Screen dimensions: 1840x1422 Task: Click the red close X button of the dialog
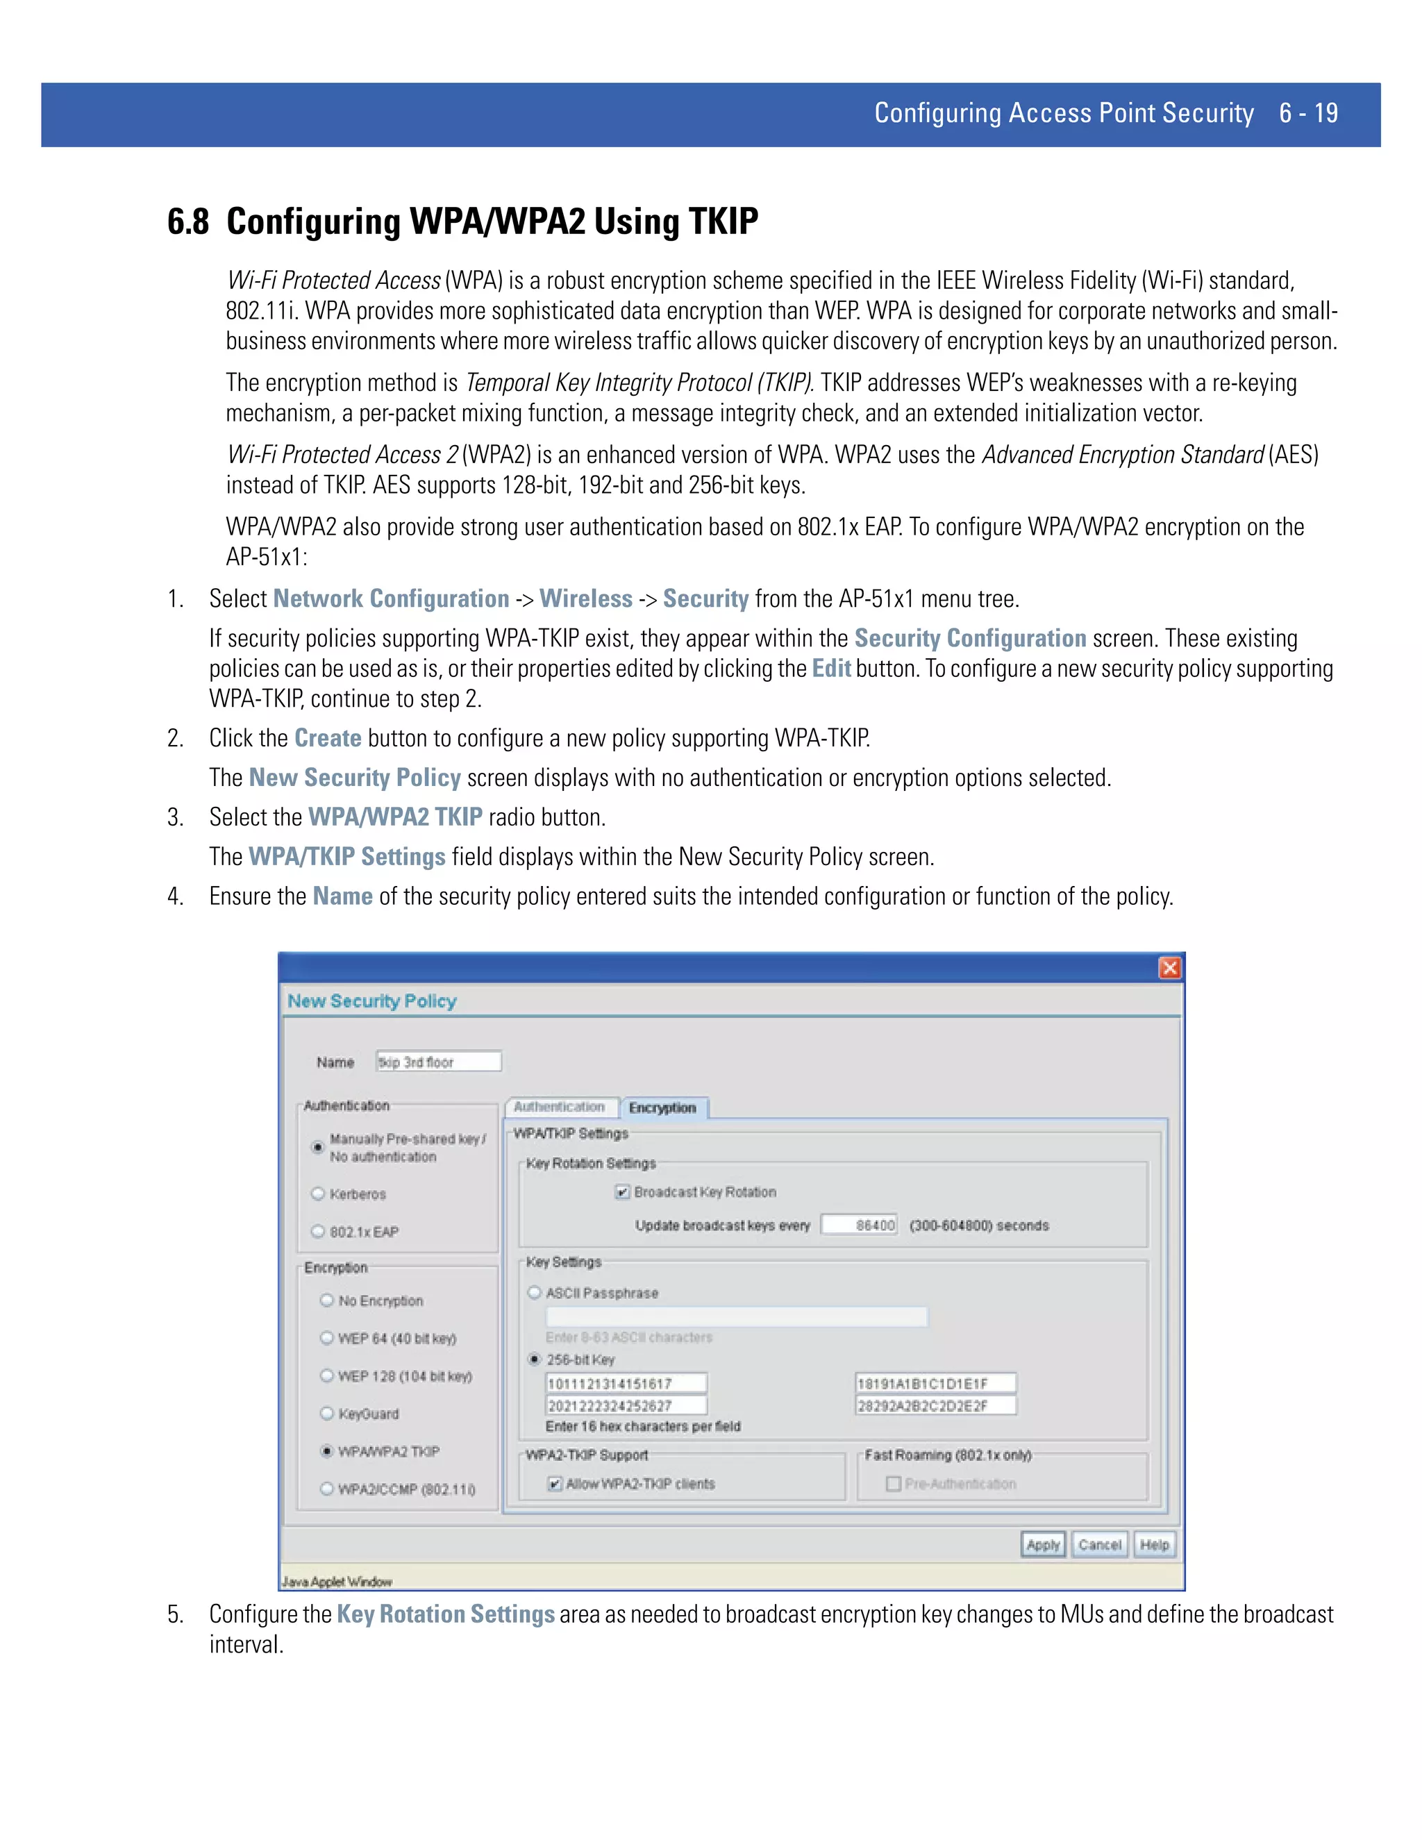tap(1169, 968)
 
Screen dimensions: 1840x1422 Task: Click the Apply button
tap(1043, 1544)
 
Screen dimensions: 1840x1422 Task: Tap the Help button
tap(1154, 1544)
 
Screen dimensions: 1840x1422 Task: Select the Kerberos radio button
tap(319, 1194)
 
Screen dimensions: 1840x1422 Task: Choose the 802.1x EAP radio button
tap(319, 1232)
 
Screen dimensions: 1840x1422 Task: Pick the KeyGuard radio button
tap(327, 1414)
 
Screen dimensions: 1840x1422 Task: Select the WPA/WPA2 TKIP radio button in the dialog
tap(327, 1450)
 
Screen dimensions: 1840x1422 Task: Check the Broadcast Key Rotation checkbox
tap(623, 1192)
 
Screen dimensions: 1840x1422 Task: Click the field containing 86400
tap(860, 1225)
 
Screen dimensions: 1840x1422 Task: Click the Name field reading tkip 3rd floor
tap(438, 1062)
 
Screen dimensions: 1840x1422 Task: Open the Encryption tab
tap(663, 1108)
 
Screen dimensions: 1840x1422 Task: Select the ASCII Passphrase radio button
tap(534, 1292)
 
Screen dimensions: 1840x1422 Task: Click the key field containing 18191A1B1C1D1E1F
tap(935, 1383)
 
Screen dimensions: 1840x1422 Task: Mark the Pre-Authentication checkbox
tap(894, 1484)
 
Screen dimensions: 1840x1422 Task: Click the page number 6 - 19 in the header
tap(1308, 113)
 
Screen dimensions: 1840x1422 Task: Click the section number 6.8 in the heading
tap(188, 221)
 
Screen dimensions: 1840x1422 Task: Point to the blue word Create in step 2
tap(328, 738)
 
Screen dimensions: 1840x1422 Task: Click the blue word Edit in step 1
tap(830, 669)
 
